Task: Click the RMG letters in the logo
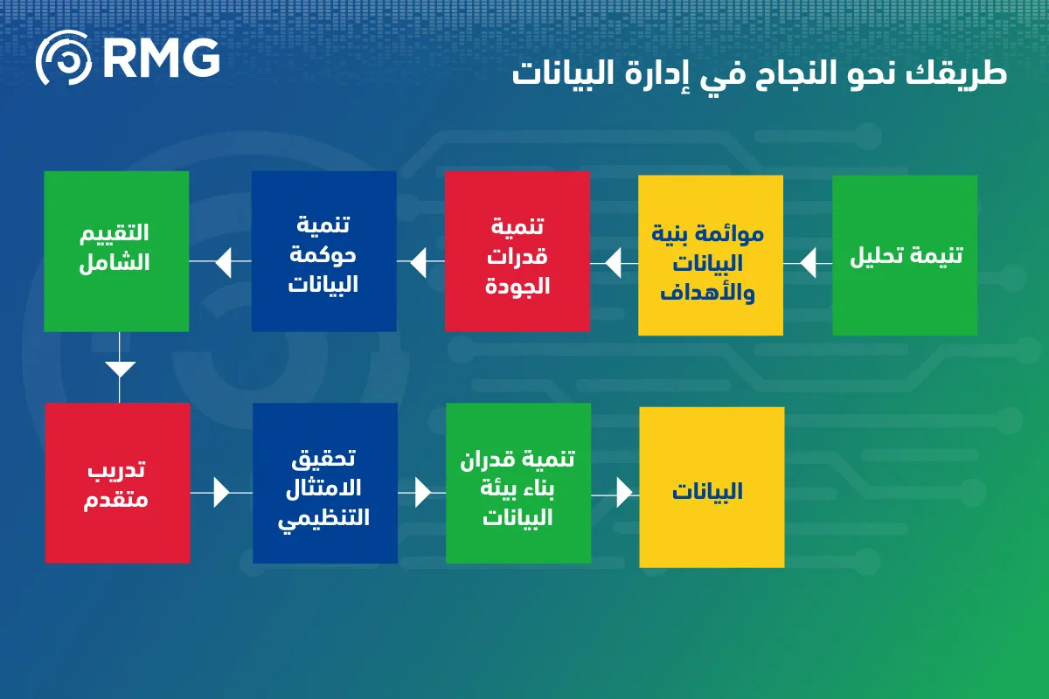[x=162, y=58]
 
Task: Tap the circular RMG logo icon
[x=64, y=58]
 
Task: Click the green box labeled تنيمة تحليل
[x=905, y=255]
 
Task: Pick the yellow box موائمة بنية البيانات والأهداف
[x=711, y=255]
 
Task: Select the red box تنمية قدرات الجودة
[x=517, y=252]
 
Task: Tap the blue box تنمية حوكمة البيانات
[x=324, y=252]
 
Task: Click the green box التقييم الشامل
[x=116, y=252]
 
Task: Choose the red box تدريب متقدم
[x=117, y=483]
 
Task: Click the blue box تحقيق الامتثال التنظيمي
[x=325, y=483]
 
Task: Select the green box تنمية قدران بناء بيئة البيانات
[x=518, y=483]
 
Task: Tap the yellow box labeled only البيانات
[x=712, y=488]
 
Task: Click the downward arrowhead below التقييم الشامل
[x=120, y=369]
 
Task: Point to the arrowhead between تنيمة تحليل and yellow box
[x=808, y=263]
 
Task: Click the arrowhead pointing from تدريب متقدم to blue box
[x=221, y=493]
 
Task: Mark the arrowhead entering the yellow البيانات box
[x=625, y=493]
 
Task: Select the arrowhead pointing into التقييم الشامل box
[x=224, y=263]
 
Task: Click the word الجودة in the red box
[x=517, y=286]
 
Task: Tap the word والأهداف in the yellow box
[x=707, y=294]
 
